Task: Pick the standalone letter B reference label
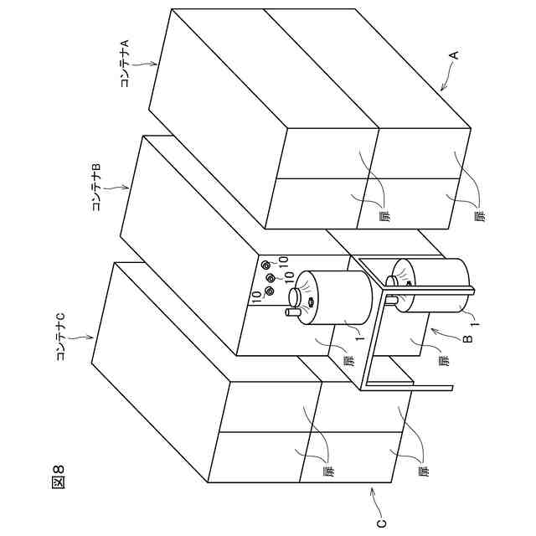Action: coord(467,338)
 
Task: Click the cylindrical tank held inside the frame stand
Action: coord(431,286)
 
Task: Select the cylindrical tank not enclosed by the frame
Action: coord(335,297)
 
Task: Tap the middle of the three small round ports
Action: coord(270,278)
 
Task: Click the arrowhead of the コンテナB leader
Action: coord(128,188)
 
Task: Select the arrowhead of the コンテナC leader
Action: coord(93,338)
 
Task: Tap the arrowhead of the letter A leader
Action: coord(440,90)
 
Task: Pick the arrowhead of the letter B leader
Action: coord(430,330)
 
